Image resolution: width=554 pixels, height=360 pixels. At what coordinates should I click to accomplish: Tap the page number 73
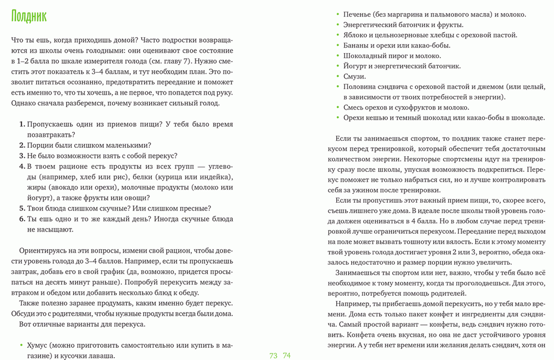pyautogui.click(x=273, y=355)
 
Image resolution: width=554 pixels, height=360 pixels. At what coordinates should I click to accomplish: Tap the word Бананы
pyautogui.click(x=357, y=45)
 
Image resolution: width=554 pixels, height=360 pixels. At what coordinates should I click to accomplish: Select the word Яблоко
pyautogui.click(x=357, y=34)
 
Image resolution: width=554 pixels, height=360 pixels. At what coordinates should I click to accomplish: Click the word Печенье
pyautogui.click(x=360, y=14)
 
